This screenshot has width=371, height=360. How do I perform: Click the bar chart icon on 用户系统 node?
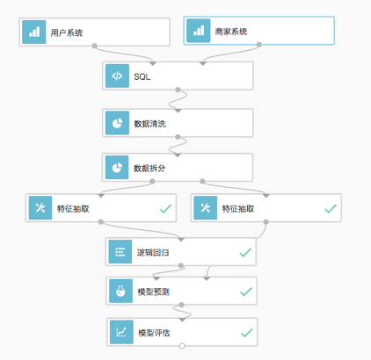(34, 32)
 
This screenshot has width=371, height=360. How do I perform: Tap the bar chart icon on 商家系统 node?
(199, 31)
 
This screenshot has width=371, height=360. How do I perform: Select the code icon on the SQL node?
(117, 76)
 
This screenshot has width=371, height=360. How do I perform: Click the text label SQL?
(142, 76)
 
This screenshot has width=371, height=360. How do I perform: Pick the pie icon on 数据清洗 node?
(117, 123)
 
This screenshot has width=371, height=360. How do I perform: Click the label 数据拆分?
(149, 169)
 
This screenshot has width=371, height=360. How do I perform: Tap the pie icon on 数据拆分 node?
(117, 168)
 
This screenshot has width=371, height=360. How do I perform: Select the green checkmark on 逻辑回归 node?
(245, 252)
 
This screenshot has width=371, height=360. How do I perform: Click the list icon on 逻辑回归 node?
(120, 252)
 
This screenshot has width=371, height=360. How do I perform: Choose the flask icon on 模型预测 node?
(120, 292)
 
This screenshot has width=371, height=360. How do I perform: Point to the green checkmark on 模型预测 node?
(246, 292)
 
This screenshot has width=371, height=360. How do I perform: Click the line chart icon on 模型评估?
(121, 332)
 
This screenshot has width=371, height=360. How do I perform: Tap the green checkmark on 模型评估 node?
(247, 333)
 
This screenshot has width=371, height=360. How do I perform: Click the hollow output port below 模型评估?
(182, 346)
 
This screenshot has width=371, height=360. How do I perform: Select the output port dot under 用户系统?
(94, 46)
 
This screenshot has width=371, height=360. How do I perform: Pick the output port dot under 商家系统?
(259, 45)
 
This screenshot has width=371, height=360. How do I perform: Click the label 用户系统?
(67, 32)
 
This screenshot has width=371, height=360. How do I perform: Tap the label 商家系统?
(231, 32)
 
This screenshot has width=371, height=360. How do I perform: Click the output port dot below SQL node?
(178, 90)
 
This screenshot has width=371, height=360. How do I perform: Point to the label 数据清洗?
(150, 124)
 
